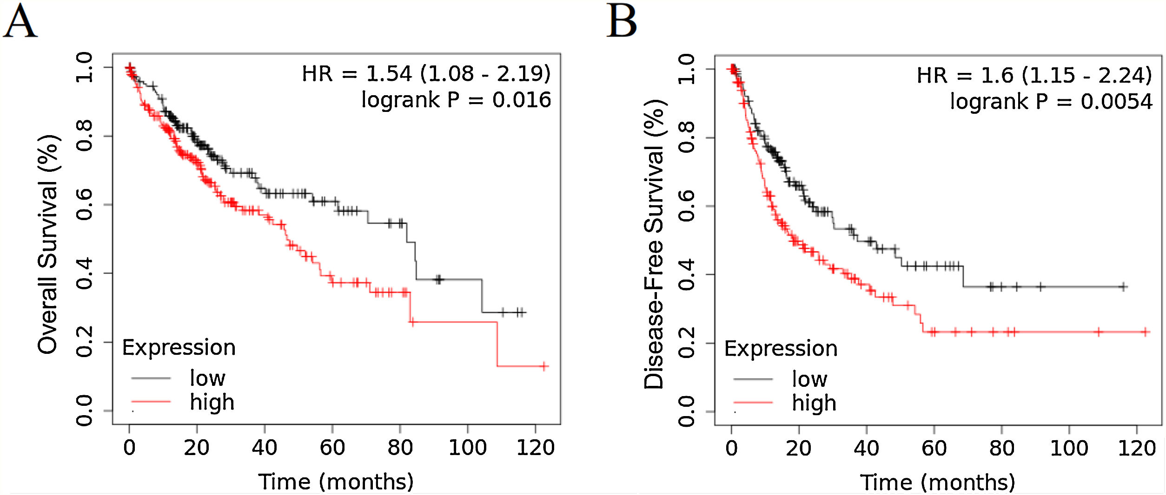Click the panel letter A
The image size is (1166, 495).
point(20,22)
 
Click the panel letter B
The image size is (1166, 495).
point(622,22)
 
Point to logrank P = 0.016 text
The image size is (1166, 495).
point(456,100)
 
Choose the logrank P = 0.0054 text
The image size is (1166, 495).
point(1051,102)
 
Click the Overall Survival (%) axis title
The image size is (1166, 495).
point(47,244)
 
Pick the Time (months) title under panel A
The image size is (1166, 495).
point(336,482)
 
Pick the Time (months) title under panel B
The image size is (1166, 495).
point(937,482)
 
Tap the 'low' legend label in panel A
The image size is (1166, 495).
point(207,378)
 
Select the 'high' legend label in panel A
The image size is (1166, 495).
point(212,403)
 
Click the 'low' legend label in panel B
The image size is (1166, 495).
point(809,379)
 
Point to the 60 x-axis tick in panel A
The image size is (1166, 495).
point(332,448)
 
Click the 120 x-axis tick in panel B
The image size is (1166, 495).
point(1137,449)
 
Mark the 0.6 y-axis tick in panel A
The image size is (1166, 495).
point(85,205)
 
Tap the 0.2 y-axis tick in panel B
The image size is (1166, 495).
point(687,343)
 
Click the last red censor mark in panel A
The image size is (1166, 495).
point(544,366)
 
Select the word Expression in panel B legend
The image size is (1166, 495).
point(781,349)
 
